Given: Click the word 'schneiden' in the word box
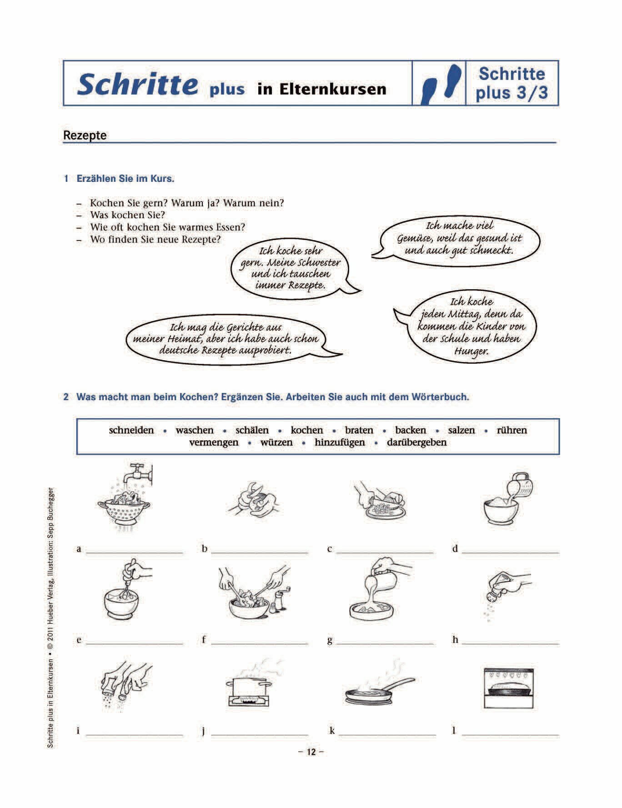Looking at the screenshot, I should pyautogui.click(x=131, y=430).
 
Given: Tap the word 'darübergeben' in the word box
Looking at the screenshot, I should pyautogui.click(x=416, y=442).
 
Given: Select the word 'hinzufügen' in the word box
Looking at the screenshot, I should pyautogui.click(x=340, y=442).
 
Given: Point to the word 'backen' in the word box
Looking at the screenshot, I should pyautogui.click(x=411, y=430).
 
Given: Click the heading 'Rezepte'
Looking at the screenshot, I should pyautogui.click(x=85, y=136).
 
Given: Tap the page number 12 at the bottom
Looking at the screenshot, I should pyautogui.click(x=311, y=752).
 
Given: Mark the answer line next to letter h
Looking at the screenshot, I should pyautogui.click(x=510, y=643).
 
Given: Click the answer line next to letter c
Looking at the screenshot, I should pyautogui.click(x=385, y=552).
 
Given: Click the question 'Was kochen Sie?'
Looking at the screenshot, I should pyautogui.click(x=127, y=215).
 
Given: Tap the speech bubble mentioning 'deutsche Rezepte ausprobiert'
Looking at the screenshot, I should pyautogui.click(x=226, y=339).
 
